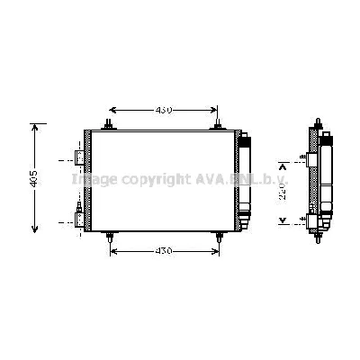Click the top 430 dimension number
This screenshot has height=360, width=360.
tap(163, 110)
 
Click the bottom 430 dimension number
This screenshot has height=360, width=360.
tap(163, 249)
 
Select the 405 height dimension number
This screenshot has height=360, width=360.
tap(33, 179)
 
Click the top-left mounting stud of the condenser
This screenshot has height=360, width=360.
tap(108, 124)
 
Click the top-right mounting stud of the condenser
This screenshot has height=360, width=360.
tap(218, 124)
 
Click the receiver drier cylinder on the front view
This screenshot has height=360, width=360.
tap(244, 179)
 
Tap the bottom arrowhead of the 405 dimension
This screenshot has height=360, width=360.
tap(34, 231)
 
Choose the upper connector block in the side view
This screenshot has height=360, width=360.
tap(310, 160)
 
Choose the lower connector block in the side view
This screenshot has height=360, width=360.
tap(310, 219)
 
